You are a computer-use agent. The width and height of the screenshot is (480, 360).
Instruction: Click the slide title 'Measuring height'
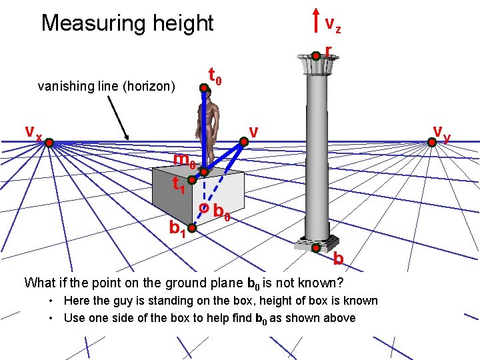(x=127, y=23)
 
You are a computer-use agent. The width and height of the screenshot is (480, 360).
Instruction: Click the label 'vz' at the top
(x=333, y=25)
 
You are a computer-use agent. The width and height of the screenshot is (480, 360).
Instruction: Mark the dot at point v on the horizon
(x=245, y=140)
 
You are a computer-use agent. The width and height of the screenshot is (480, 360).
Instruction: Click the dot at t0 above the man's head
(x=204, y=86)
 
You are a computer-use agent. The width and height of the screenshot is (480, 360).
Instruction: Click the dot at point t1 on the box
(x=191, y=180)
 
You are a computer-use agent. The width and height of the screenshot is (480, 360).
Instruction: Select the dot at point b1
(x=190, y=230)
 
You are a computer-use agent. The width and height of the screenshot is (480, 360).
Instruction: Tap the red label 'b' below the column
(x=339, y=258)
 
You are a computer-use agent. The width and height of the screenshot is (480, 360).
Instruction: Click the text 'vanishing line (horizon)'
(x=107, y=86)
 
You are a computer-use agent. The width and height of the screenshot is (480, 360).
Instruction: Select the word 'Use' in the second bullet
(x=74, y=318)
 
